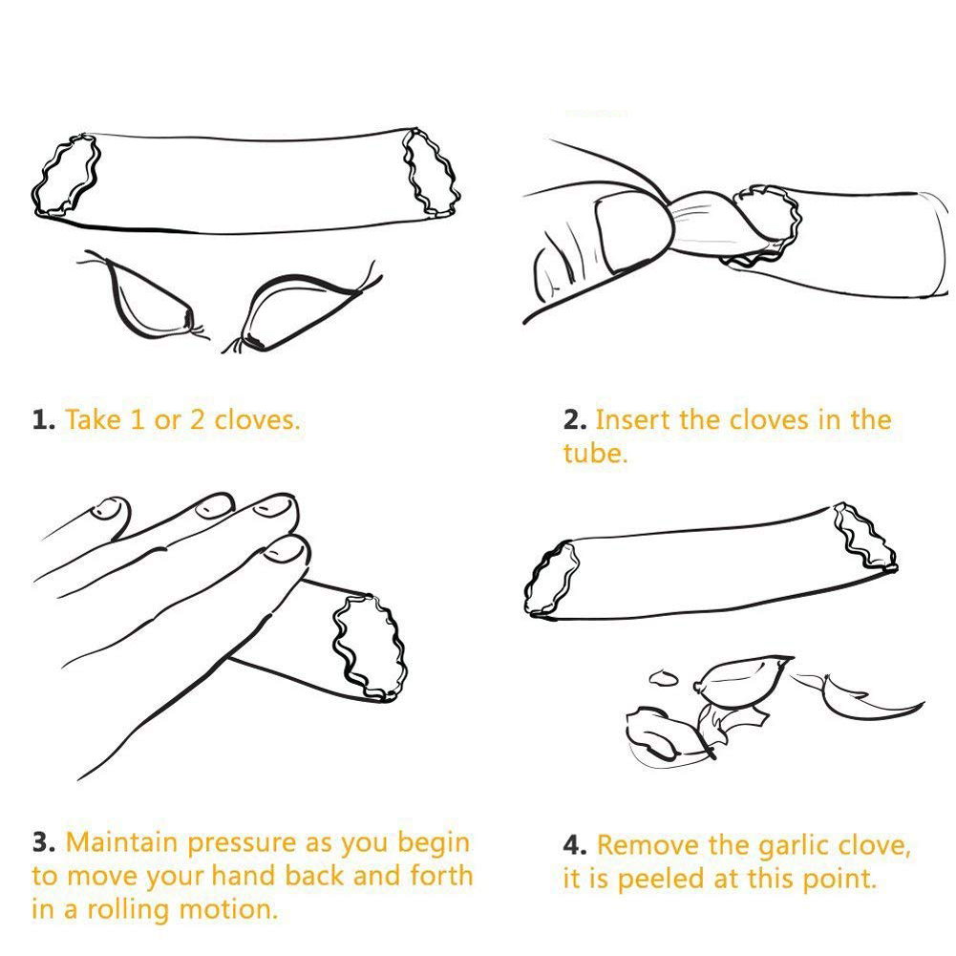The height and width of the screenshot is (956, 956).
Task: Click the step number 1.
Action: [x=43, y=420]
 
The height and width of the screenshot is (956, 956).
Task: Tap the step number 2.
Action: [x=575, y=420]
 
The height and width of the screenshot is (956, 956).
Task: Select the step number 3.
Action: [x=44, y=842]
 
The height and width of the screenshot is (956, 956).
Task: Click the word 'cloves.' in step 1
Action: [x=257, y=419]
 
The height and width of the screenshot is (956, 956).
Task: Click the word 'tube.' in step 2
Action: [x=595, y=453]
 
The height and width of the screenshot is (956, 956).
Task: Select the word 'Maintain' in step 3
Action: [x=122, y=842]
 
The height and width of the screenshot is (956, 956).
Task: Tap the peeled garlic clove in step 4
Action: [x=743, y=681]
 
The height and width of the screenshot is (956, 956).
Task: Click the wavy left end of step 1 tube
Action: [x=65, y=176]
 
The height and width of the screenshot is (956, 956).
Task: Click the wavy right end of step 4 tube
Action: [x=865, y=538]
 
